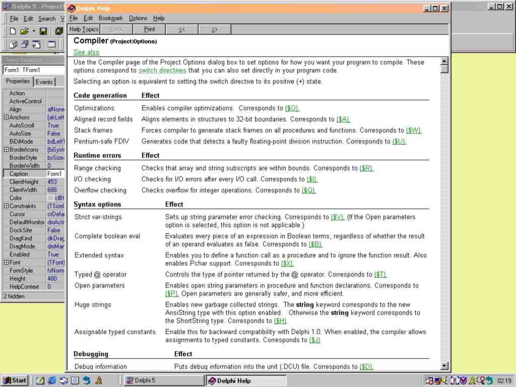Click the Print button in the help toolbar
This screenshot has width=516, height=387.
[149, 29]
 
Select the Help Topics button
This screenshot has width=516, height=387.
[84, 29]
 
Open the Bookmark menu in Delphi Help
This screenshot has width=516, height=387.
[110, 18]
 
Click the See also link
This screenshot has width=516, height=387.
[86, 52]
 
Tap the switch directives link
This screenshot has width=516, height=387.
[162, 71]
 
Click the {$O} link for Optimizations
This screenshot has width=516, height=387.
[292, 108]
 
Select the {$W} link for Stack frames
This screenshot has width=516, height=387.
[414, 131]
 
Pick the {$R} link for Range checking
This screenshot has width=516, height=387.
[366, 168]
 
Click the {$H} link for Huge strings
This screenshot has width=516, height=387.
[280, 321]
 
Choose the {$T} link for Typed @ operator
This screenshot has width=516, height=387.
[380, 275]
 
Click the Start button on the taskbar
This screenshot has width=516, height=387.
[15, 380]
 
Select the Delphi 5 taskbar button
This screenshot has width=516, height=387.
[163, 380]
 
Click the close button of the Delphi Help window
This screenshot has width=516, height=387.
[444, 9]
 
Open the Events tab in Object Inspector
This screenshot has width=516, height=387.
[44, 82]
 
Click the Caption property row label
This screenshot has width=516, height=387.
[19, 174]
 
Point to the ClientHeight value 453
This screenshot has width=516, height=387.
[52, 182]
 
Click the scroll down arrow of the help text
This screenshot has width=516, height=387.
[444, 366]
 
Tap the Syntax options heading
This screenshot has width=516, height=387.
[97, 205]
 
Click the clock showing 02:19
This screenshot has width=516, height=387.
[504, 380]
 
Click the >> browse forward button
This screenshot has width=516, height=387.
[214, 29]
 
